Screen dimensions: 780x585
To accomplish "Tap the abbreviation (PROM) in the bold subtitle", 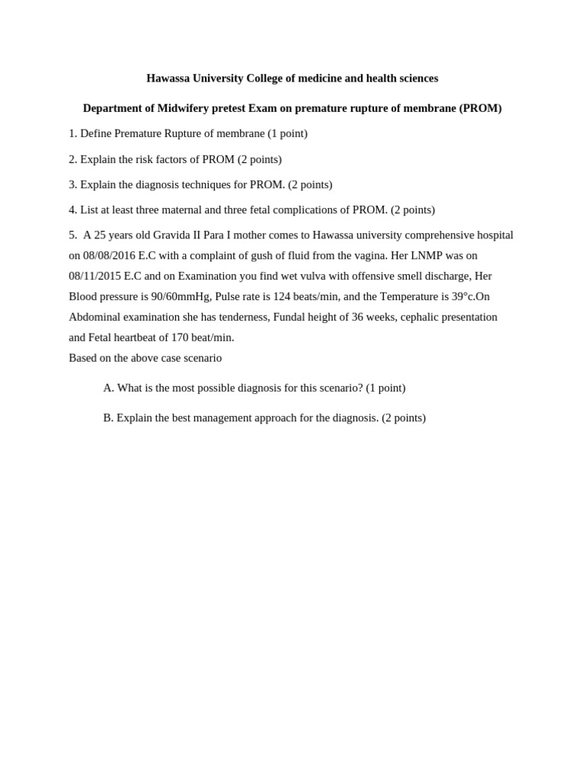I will tap(480, 108).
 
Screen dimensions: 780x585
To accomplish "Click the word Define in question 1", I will tap(96, 133).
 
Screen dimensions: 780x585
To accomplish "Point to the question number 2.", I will tap(72, 159).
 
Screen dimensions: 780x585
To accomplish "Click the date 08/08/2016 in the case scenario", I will tap(109, 255).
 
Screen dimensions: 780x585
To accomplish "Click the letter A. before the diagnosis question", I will tap(108, 388).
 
